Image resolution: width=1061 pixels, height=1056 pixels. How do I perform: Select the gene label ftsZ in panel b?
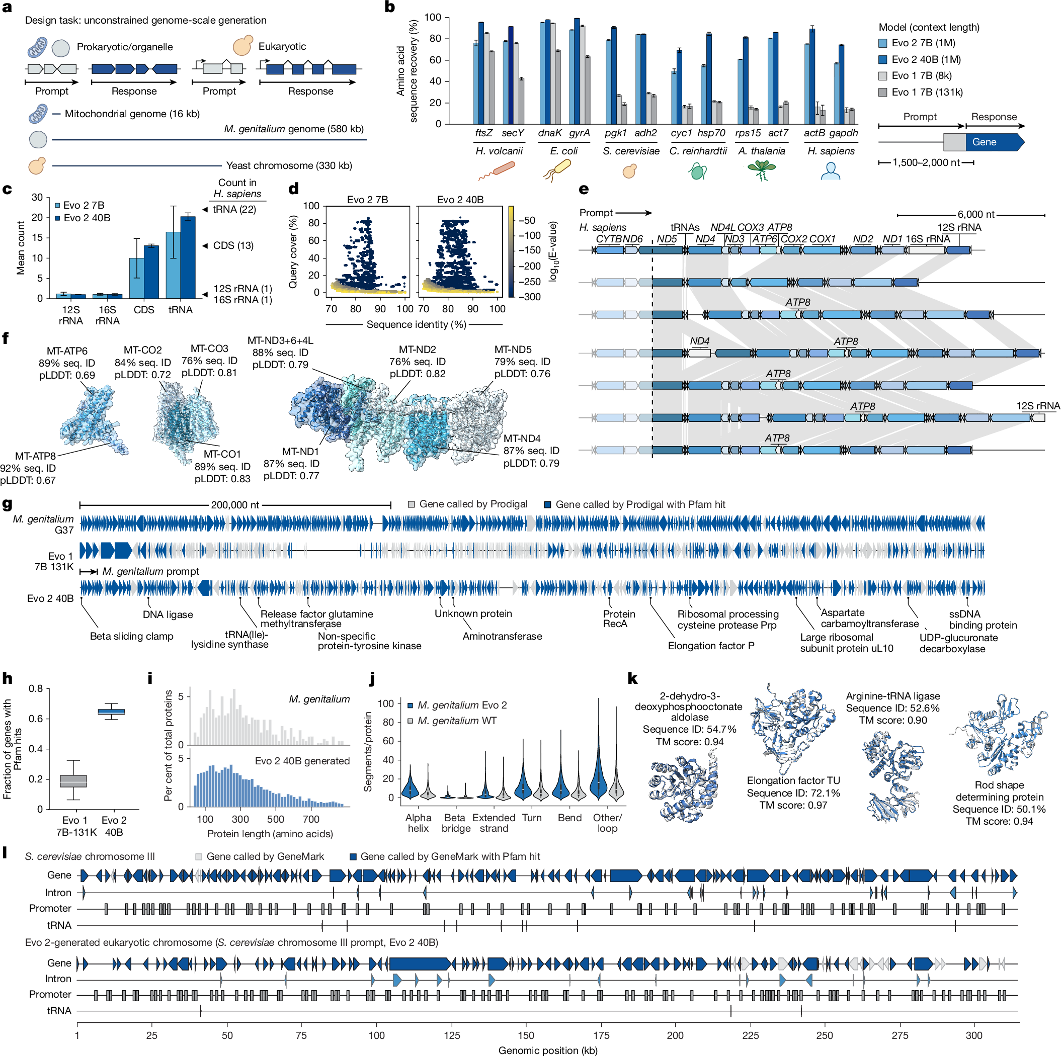(x=483, y=133)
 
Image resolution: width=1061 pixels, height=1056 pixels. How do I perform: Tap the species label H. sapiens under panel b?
(x=831, y=151)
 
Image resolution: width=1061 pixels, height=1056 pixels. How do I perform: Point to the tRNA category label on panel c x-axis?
(x=180, y=310)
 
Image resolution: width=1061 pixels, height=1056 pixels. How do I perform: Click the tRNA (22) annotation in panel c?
(x=234, y=209)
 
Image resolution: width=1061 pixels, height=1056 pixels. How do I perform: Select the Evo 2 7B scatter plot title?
(x=367, y=200)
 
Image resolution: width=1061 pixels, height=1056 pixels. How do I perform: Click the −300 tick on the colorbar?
(x=529, y=297)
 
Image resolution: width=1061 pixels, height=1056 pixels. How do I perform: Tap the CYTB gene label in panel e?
(x=609, y=239)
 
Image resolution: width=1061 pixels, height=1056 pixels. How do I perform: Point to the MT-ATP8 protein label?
(x=35, y=456)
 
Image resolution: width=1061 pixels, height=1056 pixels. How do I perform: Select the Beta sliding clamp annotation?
(x=131, y=637)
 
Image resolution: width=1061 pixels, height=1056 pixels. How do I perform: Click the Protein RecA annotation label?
(x=619, y=619)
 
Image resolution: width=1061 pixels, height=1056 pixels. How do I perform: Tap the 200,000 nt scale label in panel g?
(x=234, y=505)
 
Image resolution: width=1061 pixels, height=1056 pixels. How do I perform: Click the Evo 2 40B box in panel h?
(x=112, y=712)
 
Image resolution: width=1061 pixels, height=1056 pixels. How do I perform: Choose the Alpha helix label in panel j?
(x=418, y=823)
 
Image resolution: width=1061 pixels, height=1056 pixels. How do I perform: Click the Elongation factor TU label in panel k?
(x=792, y=780)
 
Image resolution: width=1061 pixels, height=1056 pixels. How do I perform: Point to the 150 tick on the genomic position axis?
(x=526, y=1035)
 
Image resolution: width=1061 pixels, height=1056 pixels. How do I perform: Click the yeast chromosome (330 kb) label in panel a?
(x=289, y=166)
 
